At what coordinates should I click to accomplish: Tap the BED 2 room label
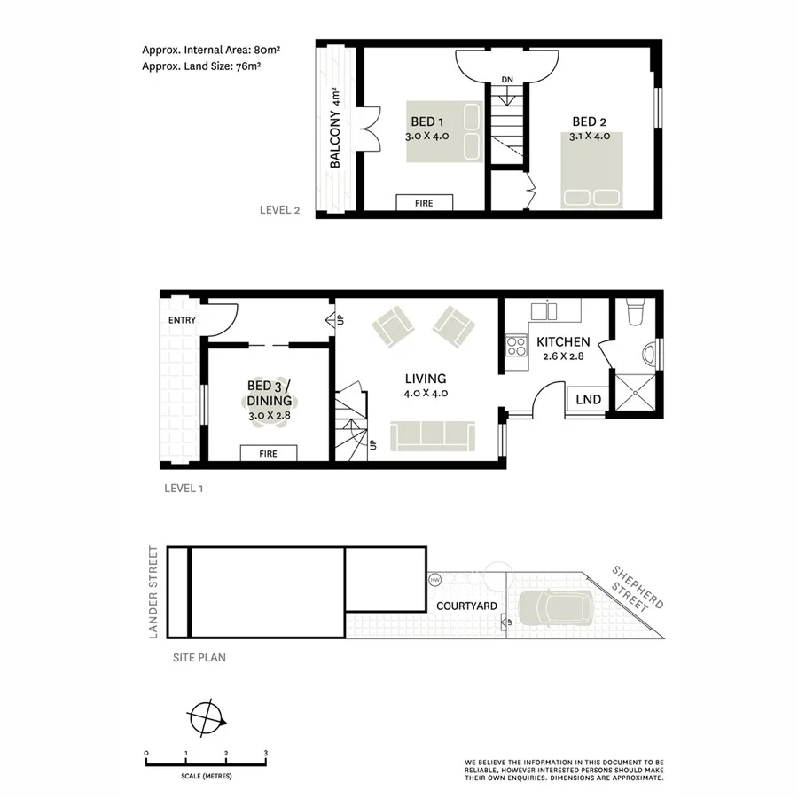[x=590, y=122]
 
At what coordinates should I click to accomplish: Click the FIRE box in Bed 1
[x=424, y=203]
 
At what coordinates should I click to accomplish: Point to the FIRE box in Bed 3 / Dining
[x=268, y=453]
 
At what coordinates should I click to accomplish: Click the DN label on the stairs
[x=507, y=81]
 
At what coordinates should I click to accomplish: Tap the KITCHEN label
[x=563, y=342]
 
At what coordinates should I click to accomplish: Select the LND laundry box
[x=588, y=400]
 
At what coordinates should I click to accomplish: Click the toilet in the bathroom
[x=634, y=314]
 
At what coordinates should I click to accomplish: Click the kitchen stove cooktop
[x=515, y=345]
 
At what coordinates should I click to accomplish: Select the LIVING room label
[x=426, y=379]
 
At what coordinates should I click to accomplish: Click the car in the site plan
[x=557, y=609]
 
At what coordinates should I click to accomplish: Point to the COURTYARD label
[x=465, y=607]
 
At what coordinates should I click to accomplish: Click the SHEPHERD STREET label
[x=637, y=589]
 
